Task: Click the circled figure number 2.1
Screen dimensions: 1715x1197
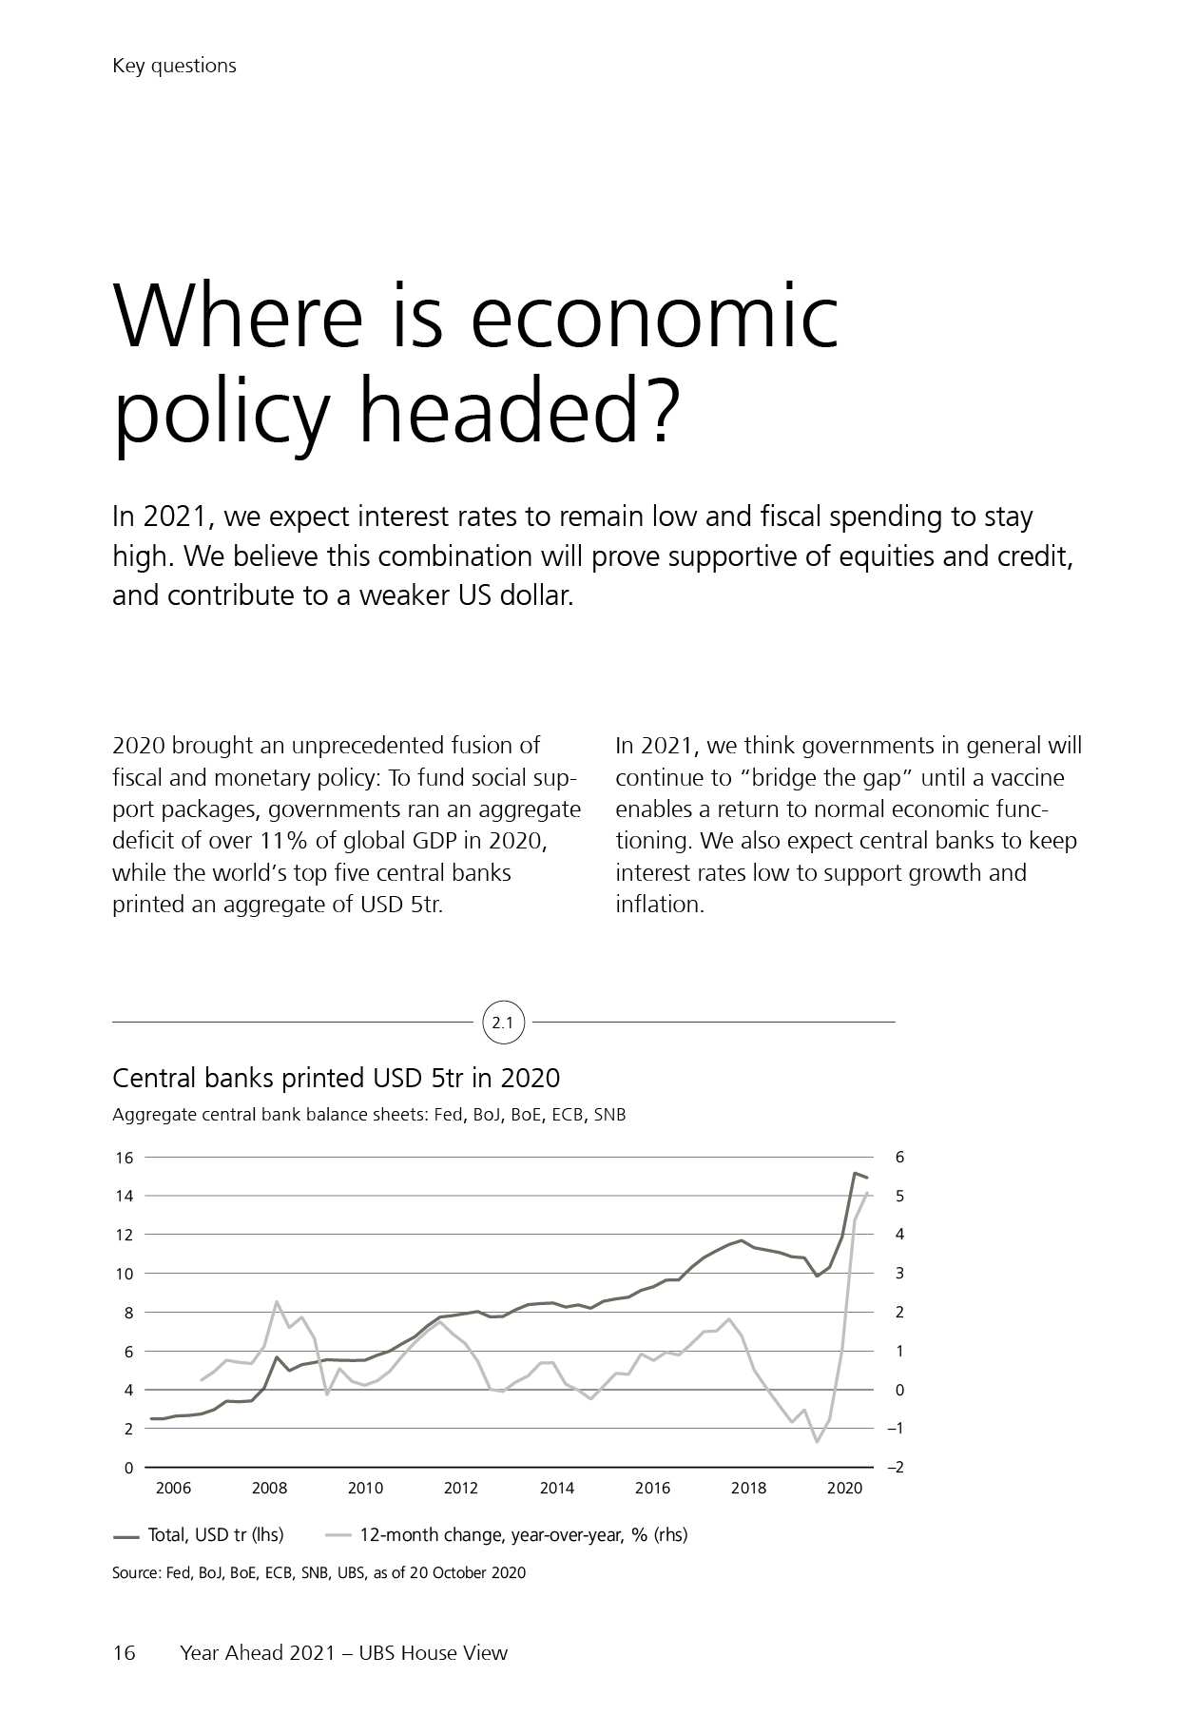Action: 503,1023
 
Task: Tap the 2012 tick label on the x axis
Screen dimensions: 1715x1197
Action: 461,1489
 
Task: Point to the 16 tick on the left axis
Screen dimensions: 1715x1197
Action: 125,1158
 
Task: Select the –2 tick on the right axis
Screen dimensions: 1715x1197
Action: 895,1468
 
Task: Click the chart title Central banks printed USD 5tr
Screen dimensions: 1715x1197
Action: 336,1078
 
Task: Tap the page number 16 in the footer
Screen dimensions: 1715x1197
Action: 125,1652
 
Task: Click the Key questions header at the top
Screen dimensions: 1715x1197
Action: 174,66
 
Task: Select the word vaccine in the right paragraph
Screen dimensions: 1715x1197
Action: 1025,778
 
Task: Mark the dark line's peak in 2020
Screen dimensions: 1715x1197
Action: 855,1174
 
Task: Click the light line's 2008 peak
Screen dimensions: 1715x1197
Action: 276,1301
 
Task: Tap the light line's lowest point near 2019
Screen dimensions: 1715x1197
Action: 816,1442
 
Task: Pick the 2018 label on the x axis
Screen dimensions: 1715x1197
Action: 748,1489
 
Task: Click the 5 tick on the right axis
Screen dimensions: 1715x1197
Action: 899,1196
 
